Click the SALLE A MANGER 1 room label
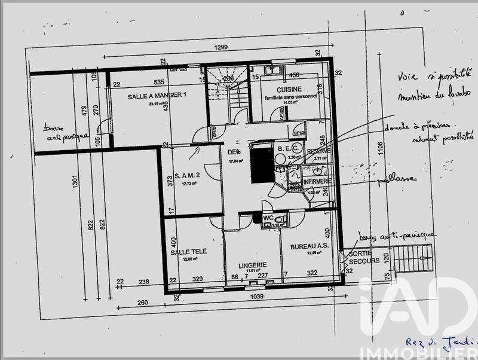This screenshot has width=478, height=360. [x=157, y=95]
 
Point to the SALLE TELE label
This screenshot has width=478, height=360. [x=188, y=252]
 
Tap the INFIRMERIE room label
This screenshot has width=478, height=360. [x=317, y=181]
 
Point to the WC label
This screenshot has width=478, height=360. [x=268, y=218]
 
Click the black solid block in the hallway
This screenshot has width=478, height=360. [x=261, y=164]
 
